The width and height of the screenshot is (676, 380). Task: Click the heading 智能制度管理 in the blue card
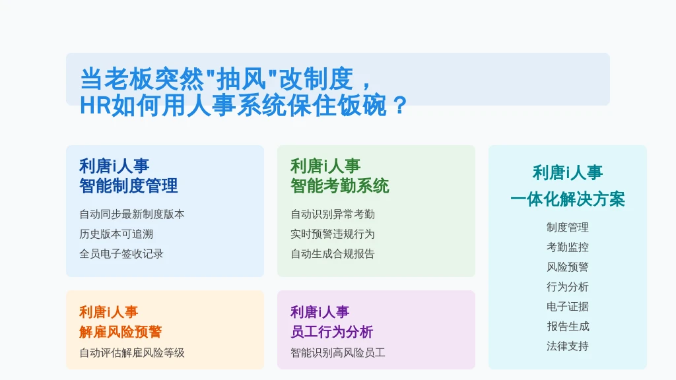coord(129,186)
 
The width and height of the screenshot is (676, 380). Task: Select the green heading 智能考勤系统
coord(340,186)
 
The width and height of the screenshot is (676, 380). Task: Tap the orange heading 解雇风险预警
coord(121,332)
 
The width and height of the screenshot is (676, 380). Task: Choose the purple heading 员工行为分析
coord(332,332)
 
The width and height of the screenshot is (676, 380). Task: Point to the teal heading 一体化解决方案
coord(567,199)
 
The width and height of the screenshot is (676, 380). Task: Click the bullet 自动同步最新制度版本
coord(132,214)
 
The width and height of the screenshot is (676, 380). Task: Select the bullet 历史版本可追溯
coord(116,234)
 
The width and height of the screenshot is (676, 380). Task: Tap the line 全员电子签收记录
coord(121,254)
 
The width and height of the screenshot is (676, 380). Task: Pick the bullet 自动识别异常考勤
coord(333,214)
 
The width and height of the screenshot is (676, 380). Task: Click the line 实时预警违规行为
coord(333,234)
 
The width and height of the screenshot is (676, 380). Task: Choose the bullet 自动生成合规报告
coord(333,254)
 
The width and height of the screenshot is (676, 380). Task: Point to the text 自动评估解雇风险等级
coord(132,353)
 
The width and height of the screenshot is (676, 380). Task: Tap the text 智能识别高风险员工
coord(338,353)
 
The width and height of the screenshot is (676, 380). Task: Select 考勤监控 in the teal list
coord(567,247)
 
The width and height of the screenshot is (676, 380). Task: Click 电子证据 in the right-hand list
coord(567,307)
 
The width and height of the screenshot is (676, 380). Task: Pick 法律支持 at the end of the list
coord(567,346)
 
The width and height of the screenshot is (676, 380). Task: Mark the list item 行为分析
coord(567,287)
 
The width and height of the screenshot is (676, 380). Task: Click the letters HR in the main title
coord(96,106)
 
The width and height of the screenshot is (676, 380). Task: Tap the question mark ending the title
coord(400,106)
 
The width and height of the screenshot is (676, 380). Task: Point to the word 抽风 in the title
coord(242,79)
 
